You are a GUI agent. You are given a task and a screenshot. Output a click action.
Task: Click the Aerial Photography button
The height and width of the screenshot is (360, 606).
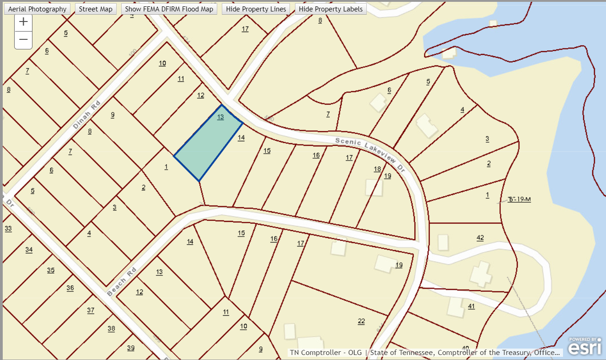[x=38, y=9]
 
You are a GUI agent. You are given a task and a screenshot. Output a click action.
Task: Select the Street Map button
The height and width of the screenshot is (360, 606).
[x=96, y=9]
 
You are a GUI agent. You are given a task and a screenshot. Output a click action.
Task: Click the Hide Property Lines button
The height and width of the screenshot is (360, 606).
[x=256, y=9]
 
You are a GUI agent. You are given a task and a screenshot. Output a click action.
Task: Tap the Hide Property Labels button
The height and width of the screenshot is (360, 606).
[x=331, y=9]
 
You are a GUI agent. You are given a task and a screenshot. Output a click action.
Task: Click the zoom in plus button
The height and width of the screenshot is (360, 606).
[x=23, y=22]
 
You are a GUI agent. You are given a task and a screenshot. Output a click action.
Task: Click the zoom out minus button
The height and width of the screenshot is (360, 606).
[x=23, y=40]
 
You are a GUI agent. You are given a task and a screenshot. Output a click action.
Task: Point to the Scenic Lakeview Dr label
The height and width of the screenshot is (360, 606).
[x=370, y=154]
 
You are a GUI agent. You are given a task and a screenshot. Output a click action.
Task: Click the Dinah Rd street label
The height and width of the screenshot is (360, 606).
[x=86, y=115]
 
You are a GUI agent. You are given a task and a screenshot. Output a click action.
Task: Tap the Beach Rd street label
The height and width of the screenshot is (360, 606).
[x=122, y=282]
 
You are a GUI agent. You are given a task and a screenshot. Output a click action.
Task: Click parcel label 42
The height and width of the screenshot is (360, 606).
[x=480, y=237]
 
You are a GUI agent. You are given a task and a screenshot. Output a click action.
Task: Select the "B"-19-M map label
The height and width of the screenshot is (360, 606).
[x=519, y=199]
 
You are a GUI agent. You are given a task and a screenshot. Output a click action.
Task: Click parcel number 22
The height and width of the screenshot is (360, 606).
[x=361, y=321]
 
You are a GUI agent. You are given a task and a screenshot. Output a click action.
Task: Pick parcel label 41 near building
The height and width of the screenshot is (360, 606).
[x=471, y=306]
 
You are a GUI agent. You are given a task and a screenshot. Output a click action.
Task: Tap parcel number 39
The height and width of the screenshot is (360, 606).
[x=131, y=348]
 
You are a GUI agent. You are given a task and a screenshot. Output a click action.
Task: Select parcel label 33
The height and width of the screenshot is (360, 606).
[x=8, y=228]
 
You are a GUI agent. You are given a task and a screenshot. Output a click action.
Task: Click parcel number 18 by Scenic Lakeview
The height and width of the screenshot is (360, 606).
[x=377, y=169]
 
